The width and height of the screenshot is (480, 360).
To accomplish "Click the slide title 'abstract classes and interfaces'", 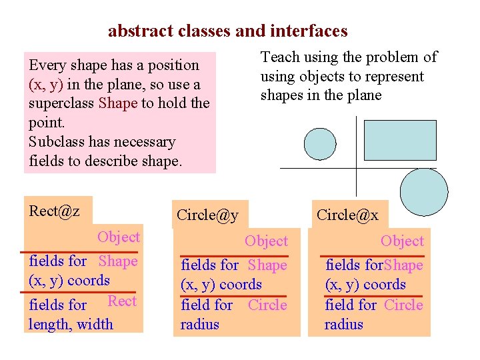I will coord(227,31).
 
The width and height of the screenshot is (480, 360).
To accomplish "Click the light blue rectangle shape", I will coord(400,140).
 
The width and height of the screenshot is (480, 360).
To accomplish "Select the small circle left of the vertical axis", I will coord(320,144).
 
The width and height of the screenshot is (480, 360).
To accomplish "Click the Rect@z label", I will coord(55,211).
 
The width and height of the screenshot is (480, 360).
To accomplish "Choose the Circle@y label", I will coord(207,215).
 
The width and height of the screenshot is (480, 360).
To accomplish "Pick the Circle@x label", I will coord(347,215).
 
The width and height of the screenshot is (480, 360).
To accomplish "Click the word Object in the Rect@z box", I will coord(118,237).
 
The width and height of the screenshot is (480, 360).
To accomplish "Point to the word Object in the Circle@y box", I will coord(266,241).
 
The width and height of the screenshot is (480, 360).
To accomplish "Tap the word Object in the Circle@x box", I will coord(402,241).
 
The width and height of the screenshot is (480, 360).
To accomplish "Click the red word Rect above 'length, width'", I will coord(122,301).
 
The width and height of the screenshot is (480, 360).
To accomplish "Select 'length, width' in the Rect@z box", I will coord(71,325).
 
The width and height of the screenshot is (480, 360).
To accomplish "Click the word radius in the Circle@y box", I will coord(199,325).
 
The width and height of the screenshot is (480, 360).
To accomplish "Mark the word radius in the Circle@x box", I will coord(344,325).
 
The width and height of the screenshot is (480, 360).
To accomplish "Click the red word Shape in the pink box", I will coord(117,103).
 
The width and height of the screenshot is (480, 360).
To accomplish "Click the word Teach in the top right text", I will coord(279,57).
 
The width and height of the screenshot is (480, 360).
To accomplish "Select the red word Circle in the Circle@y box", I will coord(267,305).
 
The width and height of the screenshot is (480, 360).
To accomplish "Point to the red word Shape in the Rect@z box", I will coord(118,261).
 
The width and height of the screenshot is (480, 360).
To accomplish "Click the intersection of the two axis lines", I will coord(357,169).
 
